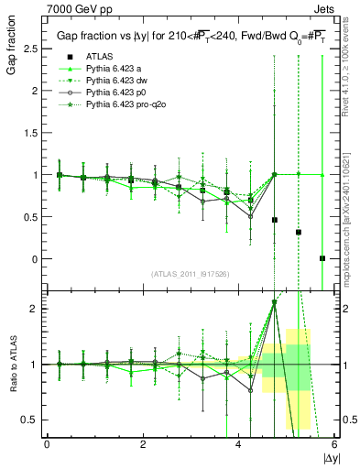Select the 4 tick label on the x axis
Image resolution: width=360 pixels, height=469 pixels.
(239, 445)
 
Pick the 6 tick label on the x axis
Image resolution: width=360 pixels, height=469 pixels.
(334, 445)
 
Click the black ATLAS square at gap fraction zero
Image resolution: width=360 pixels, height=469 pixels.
(322, 258)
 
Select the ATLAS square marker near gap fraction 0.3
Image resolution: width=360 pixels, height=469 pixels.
(299, 232)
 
